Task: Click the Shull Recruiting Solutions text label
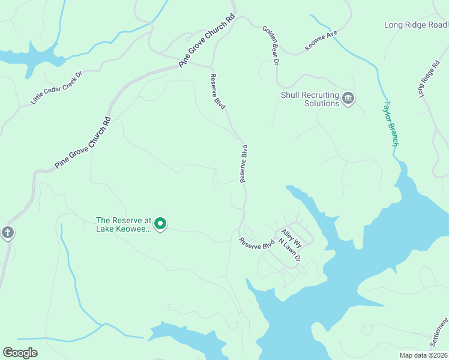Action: pyautogui.click(x=310, y=99)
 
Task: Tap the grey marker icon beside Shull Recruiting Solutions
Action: pyautogui.click(x=348, y=98)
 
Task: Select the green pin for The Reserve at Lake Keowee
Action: pyautogui.click(x=160, y=224)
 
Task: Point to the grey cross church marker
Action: pyautogui.click(x=7, y=232)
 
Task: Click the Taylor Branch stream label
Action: pyautogui.click(x=390, y=123)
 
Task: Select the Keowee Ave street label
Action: pyautogui.click(x=322, y=41)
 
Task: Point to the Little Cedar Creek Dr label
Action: pyautogui.click(x=56, y=88)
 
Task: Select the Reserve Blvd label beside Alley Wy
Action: pyautogui.click(x=256, y=244)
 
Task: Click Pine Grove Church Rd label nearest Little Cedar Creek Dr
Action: pyautogui.click(x=83, y=142)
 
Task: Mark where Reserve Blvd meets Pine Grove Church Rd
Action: pyautogui.click(x=211, y=67)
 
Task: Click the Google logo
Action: pyautogui.click(x=20, y=353)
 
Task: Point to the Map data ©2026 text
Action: pyautogui.click(x=424, y=355)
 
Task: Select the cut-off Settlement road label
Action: pyautogui.click(x=439, y=333)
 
